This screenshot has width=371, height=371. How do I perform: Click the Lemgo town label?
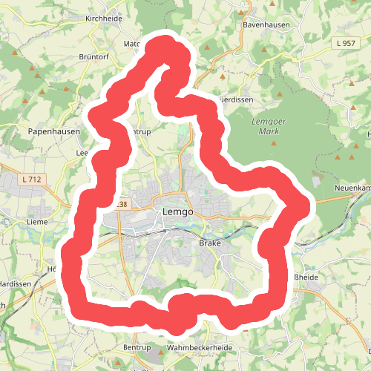pos(177,212)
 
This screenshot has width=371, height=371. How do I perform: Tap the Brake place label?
pos(210,243)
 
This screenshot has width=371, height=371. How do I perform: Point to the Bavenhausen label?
pos(265,24)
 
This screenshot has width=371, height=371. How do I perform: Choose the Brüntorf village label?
pos(93,56)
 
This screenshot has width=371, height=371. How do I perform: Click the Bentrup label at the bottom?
pos(137,347)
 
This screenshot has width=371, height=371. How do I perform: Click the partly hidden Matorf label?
pos(132,44)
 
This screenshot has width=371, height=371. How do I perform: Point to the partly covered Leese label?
pos(82,153)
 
